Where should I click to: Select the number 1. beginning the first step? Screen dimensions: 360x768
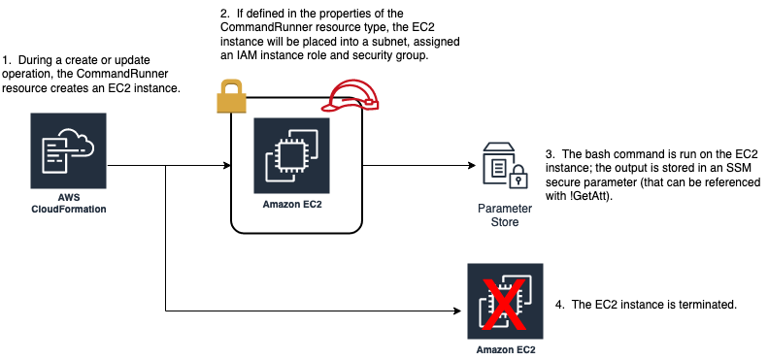tap(9, 61)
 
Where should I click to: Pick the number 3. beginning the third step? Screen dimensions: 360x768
tap(550, 153)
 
